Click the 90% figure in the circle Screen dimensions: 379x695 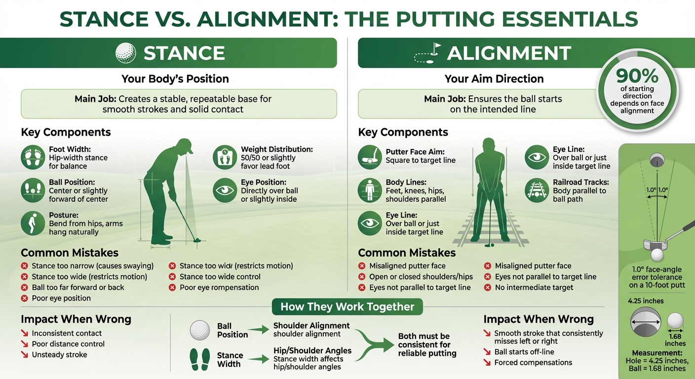pyautogui.click(x=637, y=76)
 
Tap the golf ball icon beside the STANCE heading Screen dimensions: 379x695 pyautogui.click(x=125, y=53)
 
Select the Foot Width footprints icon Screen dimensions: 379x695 pyautogui.click(x=33, y=157)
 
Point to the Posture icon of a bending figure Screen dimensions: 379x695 pyautogui.click(x=33, y=223)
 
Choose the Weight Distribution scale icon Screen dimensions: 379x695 pyautogui.click(x=225, y=157)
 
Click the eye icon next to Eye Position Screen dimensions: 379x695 pyautogui.click(x=225, y=190)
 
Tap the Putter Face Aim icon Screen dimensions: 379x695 pyautogui.click(x=370, y=157)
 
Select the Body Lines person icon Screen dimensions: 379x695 pyautogui.click(x=370, y=190)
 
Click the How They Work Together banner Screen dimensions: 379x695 pyautogui.click(x=347, y=306)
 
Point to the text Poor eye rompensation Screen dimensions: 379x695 pyautogui.click(x=219, y=287)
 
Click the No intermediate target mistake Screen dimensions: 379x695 pyautogui.click(x=534, y=287)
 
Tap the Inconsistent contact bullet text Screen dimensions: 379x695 pyautogui.click(x=67, y=333)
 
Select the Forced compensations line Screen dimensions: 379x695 pyautogui.click(x=533, y=363)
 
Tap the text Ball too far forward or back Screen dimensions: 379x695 pyautogui.click(x=78, y=287)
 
